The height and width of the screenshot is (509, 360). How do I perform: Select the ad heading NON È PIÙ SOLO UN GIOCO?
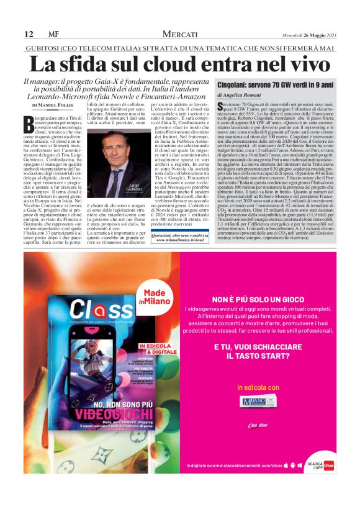(265, 299)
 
